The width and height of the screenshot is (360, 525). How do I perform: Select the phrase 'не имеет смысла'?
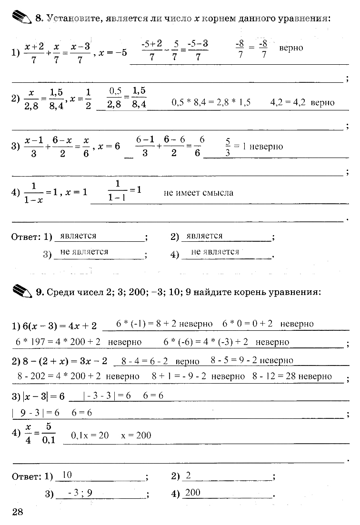[x=198, y=193]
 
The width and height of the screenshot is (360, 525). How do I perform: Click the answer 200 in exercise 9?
[x=193, y=493]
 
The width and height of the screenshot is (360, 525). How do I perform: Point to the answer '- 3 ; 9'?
[x=79, y=493]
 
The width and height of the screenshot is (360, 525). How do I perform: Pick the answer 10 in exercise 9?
[x=67, y=475]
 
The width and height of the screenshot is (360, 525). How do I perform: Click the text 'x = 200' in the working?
[x=136, y=435]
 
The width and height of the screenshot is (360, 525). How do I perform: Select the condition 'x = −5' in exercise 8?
[x=113, y=52]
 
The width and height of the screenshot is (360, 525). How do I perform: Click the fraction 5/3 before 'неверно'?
[x=228, y=147]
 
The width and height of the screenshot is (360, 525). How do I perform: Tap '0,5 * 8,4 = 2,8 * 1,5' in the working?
[x=211, y=102]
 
